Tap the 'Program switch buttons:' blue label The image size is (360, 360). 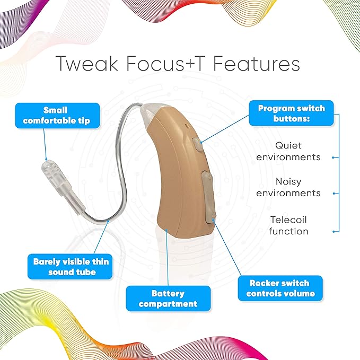(x=291, y=113)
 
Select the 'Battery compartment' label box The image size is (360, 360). (x=168, y=298)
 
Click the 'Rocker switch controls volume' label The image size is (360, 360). (x=280, y=288)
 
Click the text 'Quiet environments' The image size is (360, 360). (x=288, y=151)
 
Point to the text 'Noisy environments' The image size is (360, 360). (x=288, y=188)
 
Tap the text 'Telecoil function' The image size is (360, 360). (x=288, y=225)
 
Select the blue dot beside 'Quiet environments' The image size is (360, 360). (x=333, y=157)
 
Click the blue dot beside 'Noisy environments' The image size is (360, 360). (x=333, y=194)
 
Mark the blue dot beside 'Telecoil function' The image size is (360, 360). (x=333, y=231)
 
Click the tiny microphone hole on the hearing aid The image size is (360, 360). (x=187, y=126)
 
